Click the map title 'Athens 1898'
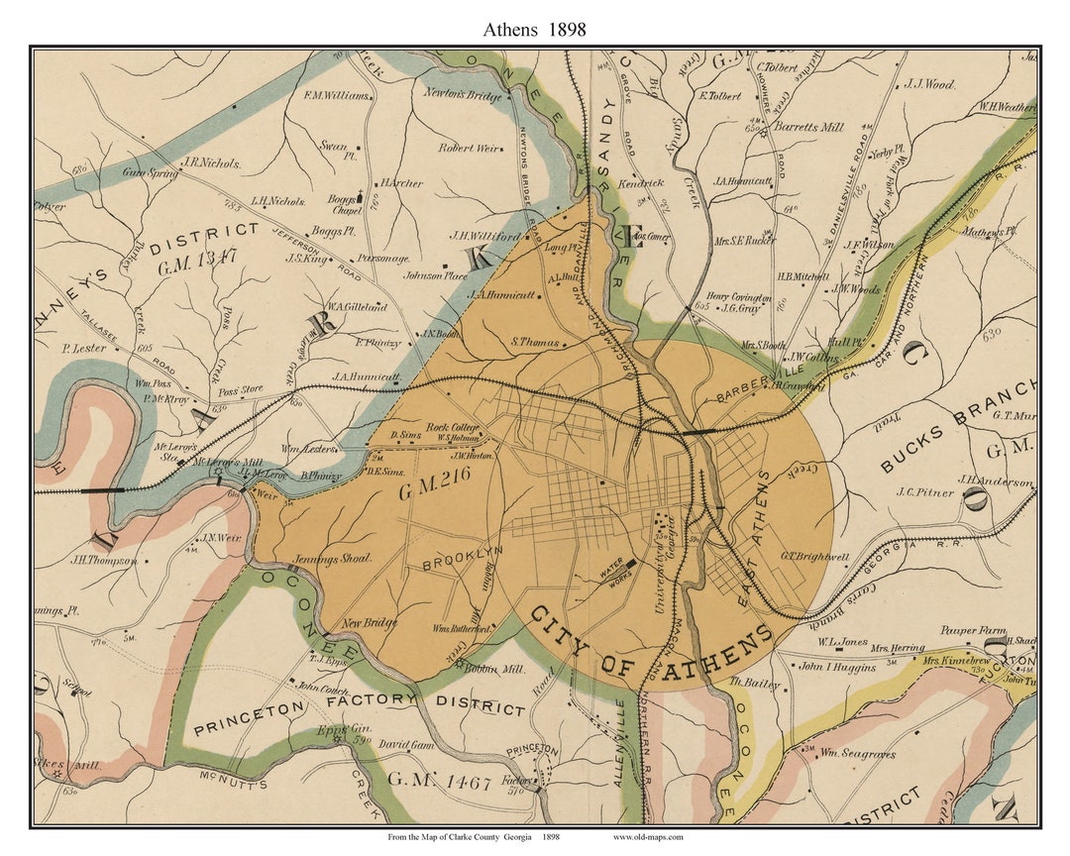[x=534, y=29]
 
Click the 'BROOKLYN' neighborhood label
[x=464, y=558]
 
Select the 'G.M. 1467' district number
[x=439, y=782]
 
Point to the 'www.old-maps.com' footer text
[x=648, y=837]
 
